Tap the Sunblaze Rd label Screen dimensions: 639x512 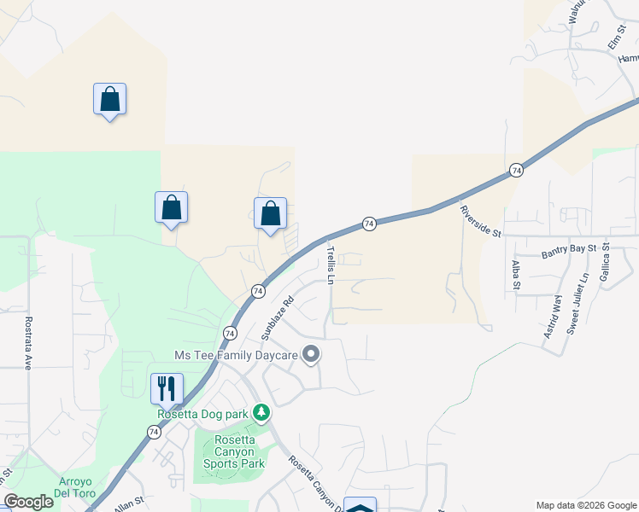[x=277, y=317]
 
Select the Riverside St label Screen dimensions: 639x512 [x=478, y=221]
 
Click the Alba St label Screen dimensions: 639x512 [x=516, y=275]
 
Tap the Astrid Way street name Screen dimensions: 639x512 [x=552, y=317]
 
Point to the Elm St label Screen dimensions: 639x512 [x=616, y=36]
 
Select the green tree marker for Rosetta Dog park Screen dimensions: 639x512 [x=261, y=414]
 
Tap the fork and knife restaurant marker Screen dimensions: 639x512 [x=166, y=389]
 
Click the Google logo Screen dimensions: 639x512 [x=29, y=502]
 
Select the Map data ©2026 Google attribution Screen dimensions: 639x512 [x=585, y=504]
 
